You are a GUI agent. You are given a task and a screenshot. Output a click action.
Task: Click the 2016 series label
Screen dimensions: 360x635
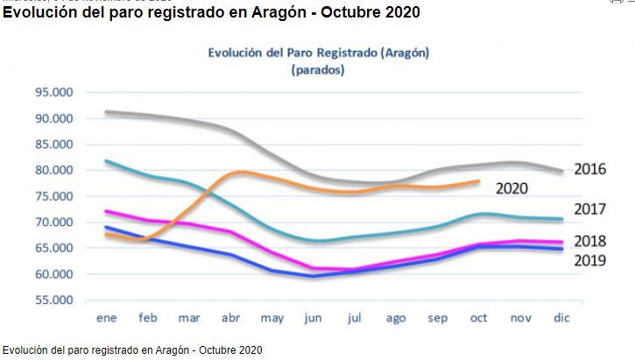(590, 169)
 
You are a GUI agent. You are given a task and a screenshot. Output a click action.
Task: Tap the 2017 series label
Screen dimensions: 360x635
(590, 209)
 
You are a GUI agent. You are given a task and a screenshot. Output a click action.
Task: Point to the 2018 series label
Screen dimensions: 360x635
(590, 241)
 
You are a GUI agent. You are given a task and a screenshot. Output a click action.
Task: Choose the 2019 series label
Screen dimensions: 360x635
(590, 260)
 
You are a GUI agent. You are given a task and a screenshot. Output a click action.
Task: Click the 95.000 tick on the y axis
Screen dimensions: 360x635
(54, 92)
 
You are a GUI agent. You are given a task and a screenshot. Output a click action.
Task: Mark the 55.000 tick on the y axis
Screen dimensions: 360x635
(54, 300)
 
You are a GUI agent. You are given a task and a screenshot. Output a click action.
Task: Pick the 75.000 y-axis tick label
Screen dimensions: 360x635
(54, 196)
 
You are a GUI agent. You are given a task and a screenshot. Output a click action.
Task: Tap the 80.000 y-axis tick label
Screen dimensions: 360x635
(54, 170)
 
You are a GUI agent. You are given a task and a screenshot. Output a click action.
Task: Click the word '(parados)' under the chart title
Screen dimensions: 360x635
(318, 69)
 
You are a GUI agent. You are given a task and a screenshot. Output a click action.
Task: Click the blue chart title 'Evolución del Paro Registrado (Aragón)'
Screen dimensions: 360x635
(318, 53)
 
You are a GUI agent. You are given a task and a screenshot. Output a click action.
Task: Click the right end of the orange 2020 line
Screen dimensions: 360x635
(479, 181)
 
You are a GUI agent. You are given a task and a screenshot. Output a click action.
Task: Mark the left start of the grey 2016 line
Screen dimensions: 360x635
(105, 112)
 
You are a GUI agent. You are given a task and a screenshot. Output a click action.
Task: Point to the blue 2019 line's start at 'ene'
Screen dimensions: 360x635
(105, 227)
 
